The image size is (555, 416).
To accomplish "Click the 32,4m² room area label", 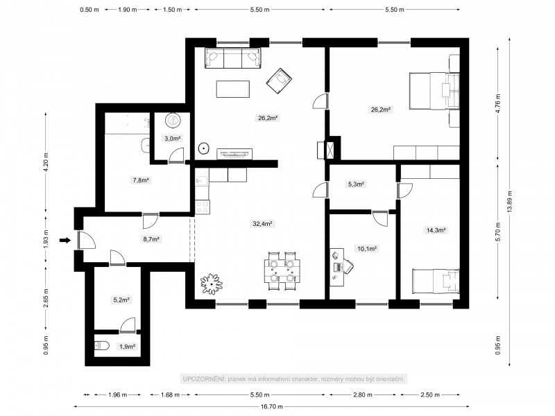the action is click(x=262, y=223).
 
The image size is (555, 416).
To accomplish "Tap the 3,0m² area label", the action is click(x=173, y=138).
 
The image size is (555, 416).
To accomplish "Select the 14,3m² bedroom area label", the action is click(x=436, y=230).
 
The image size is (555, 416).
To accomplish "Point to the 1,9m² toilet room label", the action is click(x=128, y=347).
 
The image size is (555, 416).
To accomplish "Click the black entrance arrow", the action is click(x=65, y=241).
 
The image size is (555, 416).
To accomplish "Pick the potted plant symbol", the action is click(x=212, y=284).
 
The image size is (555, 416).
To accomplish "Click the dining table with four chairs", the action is click(x=282, y=271).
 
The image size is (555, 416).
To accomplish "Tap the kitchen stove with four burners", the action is click(x=203, y=207).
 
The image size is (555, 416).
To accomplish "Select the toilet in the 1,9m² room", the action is click(x=102, y=345).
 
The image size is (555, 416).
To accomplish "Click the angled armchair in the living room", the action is click(x=279, y=81).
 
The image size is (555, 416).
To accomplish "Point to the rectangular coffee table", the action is click(x=233, y=89).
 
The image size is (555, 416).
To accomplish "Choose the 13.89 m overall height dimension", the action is click(x=510, y=202).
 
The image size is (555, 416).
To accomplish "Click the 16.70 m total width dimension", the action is click(x=272, y=406).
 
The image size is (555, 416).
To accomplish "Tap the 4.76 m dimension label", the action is click(x=498, y=103).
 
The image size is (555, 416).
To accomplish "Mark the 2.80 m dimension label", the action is click(x=362, y=395).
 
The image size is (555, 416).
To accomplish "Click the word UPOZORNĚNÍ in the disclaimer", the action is click(x=203, y=379).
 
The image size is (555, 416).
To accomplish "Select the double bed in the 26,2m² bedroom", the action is click(x=434, y=91).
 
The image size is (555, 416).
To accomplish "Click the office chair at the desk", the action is click(x=348, y=266).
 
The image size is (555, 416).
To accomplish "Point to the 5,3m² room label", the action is click(x=356, y=184).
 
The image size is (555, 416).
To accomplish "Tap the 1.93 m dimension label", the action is click(x=46, y=240).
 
